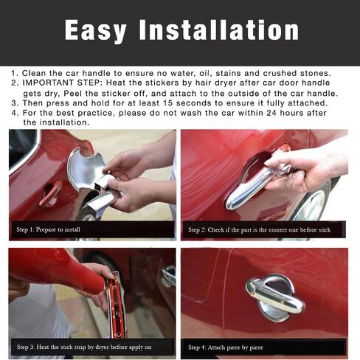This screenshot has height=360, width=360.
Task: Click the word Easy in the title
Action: pyautogui.click(x=101, y=30)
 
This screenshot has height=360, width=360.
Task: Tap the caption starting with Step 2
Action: pyautogui.click(x=258, y=230)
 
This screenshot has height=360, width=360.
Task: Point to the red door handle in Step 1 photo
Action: pyautogui.click(x=50, y=193)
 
